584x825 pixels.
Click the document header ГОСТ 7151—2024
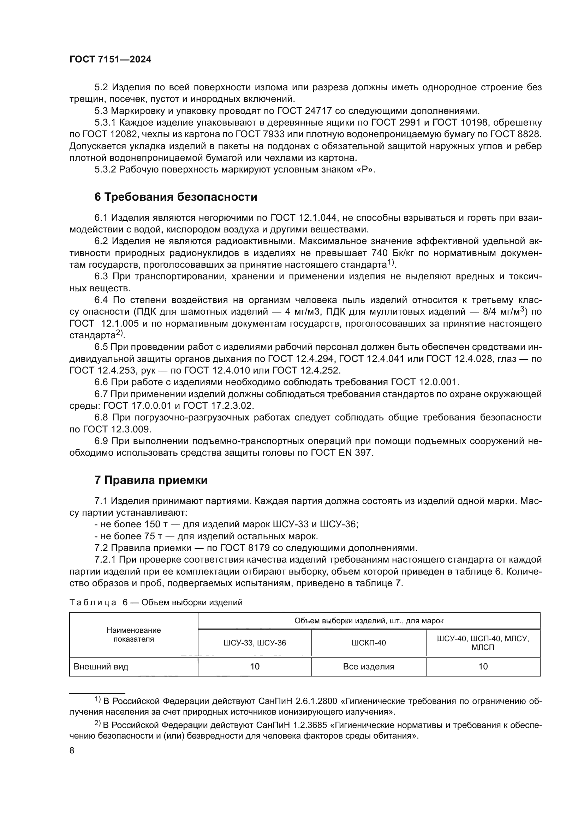click(x=111, y=60)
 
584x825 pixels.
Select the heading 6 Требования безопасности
click(x=175, y=197)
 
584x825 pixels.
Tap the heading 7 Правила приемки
click(x=151, y=480)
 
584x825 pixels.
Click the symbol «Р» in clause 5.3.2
click(x=365, y=170)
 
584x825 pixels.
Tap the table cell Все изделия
click(x=369, y=667)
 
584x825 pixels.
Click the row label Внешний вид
click(x=101, y=667)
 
